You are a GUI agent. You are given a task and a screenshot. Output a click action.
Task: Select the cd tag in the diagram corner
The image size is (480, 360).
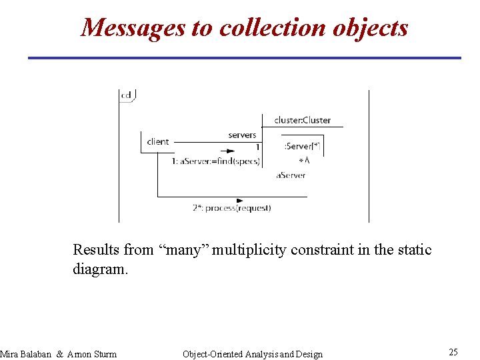pos(126,95)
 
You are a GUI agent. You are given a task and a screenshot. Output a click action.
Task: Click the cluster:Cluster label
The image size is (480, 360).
pos(302,120)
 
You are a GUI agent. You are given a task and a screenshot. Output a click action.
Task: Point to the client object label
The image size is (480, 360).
pos(158,141)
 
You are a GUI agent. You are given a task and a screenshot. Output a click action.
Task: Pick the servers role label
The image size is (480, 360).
pos(242,135)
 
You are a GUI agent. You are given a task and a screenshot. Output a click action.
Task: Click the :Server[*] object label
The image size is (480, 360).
pos(302,146)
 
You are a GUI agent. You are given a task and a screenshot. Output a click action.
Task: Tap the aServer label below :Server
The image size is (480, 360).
pos(291,175)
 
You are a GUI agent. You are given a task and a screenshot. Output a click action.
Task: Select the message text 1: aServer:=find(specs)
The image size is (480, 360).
pos(215,161)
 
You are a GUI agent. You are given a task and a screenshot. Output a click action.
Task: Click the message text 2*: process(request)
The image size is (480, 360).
pos(232,208)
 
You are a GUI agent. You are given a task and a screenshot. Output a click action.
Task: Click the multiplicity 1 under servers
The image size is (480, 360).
pos(257,147)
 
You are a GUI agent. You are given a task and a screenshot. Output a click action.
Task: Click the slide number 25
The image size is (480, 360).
pos(453,352)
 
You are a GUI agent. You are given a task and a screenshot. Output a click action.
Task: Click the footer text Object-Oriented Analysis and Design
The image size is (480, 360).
pos(252,354)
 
